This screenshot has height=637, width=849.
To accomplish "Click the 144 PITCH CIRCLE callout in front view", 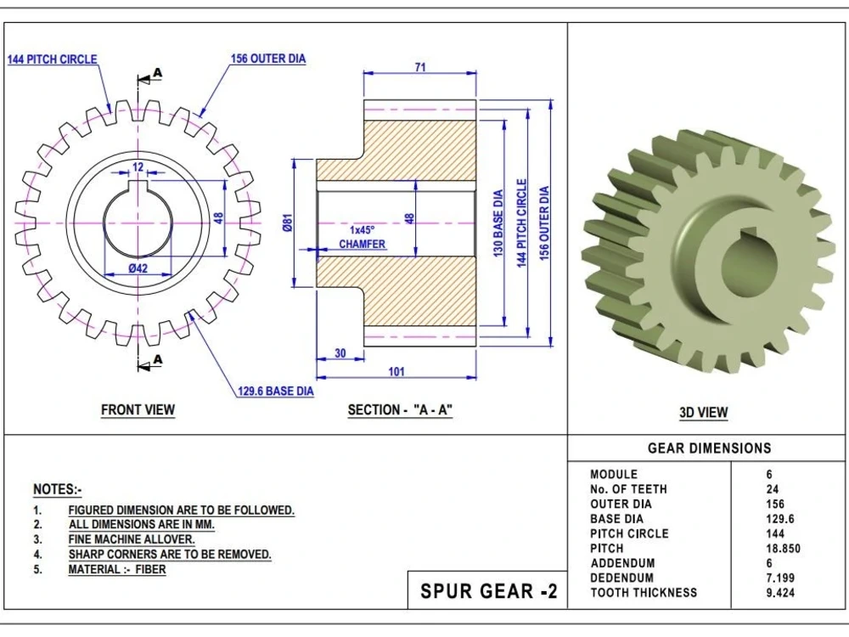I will tap(52, 59).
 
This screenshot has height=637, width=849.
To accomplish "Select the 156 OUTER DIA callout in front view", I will tap(267, 59).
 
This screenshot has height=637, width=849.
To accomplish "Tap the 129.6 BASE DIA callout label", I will tap(275, 392).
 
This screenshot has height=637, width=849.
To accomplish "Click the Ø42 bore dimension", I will tap(138, 268).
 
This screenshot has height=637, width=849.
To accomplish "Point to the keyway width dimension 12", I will tap(138, 166).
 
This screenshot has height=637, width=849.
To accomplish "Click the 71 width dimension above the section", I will tap(420, 68).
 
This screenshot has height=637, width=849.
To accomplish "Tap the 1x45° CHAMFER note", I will tap(363, 237).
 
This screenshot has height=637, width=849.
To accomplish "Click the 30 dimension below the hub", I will tap(340, 353).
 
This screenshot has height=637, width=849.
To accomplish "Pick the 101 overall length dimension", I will tap(396, 372).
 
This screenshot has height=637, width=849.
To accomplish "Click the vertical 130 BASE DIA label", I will tap(498, 223).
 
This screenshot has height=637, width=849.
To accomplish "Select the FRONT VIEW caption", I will tap(138, 410).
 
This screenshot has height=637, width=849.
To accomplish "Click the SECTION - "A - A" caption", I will tap(400, 410).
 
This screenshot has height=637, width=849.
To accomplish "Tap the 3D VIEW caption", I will tap(703, 413).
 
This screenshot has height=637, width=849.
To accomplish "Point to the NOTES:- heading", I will tap(57, 490).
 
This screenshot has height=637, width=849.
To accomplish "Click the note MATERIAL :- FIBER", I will tap(117, 570).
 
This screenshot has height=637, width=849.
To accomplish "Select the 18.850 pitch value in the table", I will tap(783, 549).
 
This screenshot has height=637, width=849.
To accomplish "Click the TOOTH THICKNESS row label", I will tap(644, 593).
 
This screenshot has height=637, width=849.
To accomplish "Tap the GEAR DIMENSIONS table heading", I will tap(709, 448).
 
